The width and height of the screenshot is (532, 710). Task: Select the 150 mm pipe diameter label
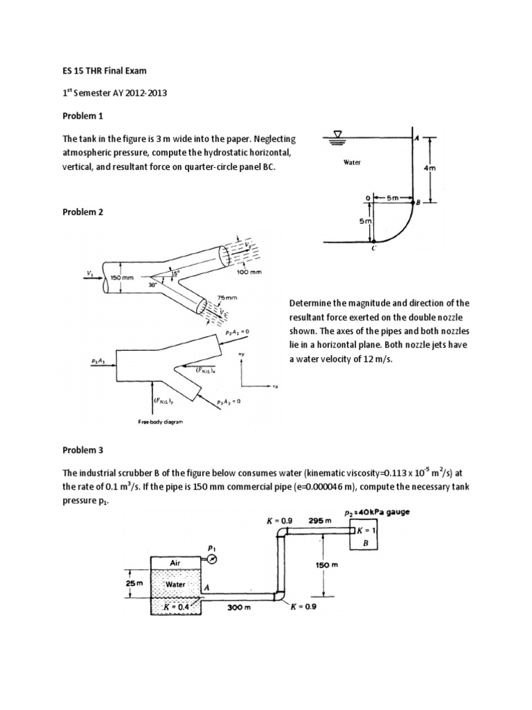(x=118, y=277)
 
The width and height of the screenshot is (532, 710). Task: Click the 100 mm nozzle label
(x=249, y=272)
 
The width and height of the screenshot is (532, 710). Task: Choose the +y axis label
(x=241, y=354)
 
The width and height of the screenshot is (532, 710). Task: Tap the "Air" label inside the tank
(x=175, y=563)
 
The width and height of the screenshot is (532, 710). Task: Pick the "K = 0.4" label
(x=175, y=607)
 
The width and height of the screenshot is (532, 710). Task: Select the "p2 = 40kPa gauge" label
(x=377, y=512)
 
